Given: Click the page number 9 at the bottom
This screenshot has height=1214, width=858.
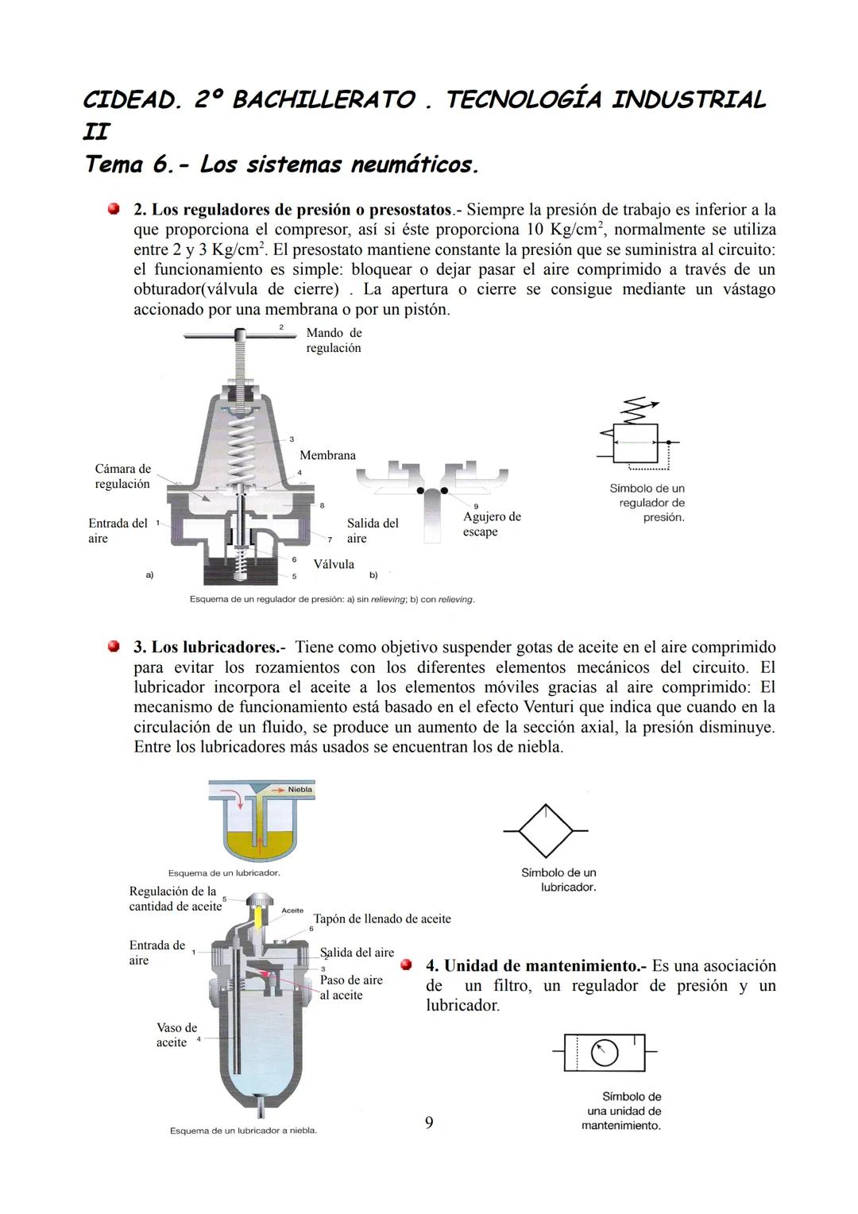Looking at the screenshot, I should [429, 1123].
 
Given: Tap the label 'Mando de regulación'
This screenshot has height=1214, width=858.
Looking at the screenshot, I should [334, 341].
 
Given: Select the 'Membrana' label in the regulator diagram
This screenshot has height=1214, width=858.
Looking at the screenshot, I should [327, 455].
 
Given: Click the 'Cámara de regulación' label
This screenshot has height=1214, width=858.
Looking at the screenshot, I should [122, 477].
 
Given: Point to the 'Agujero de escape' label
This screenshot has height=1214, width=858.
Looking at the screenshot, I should [492, 524].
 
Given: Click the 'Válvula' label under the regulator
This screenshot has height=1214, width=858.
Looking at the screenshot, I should [334, 564].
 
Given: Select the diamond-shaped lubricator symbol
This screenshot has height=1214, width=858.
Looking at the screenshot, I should [546, 831].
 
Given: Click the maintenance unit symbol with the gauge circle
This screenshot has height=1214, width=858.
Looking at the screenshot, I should [605, 1054].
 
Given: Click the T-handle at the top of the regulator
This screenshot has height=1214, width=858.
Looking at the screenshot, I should [237, 336].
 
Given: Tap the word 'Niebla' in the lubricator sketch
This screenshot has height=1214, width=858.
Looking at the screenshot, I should [300, 790].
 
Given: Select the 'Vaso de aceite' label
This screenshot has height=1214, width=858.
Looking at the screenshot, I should [176, 1035].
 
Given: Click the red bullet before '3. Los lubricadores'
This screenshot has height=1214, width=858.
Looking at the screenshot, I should [114, 647].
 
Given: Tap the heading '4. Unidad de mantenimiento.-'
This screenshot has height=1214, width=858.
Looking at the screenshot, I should [536, 966].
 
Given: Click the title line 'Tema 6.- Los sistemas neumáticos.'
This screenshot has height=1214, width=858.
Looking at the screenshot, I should [281, 164].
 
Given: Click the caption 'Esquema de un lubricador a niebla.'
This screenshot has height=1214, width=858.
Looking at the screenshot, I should [243, 1131].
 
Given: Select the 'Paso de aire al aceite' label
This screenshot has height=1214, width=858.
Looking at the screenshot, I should [351, 988].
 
